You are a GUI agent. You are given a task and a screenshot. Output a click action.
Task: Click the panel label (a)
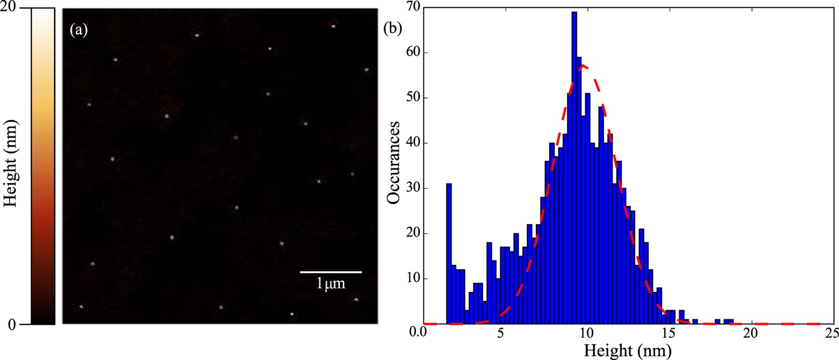[x=79, y=30]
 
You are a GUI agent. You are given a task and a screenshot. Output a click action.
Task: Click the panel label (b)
[x=393, y=28]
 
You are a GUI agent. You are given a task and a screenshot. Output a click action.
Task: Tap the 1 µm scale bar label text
[x=331, y=283]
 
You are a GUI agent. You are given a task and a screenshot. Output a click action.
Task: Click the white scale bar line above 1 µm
[x=331, y=272]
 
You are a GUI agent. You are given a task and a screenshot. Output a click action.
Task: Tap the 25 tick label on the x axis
[x=831, y=334]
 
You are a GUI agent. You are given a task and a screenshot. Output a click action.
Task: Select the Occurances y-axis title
[x=394, y=162]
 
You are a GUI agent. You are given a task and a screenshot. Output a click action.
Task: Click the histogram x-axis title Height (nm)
[x=628, y=351]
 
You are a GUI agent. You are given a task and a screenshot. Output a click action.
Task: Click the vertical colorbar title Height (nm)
[x=11, y=163]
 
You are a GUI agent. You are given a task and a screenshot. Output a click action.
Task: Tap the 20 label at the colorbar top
[x=10, y=6]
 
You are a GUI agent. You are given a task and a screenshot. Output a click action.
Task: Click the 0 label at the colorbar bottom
[x=11, y=325]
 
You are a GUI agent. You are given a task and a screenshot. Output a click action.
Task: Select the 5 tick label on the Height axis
[x=500, y=334]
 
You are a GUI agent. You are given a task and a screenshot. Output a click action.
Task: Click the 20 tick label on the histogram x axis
[x=750, y=334]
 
